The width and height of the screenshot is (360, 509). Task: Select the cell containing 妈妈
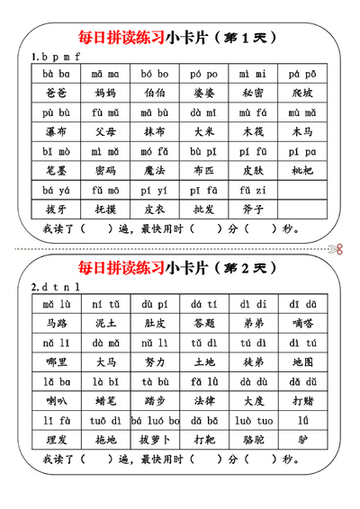point(104,93)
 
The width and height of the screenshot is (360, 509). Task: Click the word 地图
point(302,362)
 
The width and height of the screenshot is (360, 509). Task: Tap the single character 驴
point(302,440)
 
